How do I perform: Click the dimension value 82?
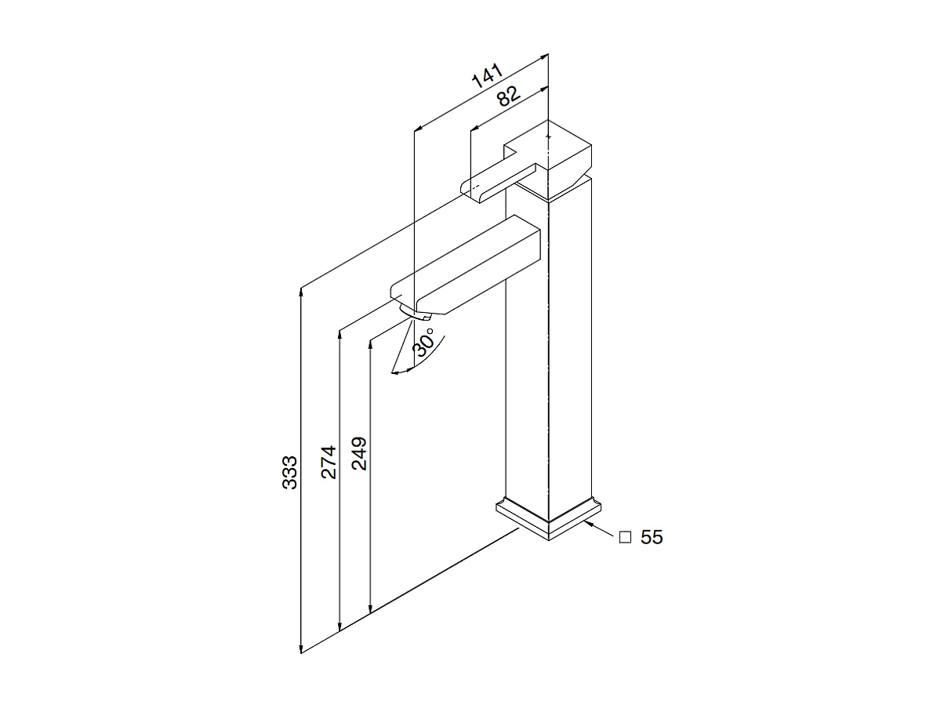tap(507, 96)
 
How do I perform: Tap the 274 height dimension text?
tap(329, 462)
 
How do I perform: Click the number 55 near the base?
tap(652, 537)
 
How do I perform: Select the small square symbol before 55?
tap(625, 537)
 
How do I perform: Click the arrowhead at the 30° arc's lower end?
tap(395, 372)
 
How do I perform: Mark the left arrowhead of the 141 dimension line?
tap(418, 127)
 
